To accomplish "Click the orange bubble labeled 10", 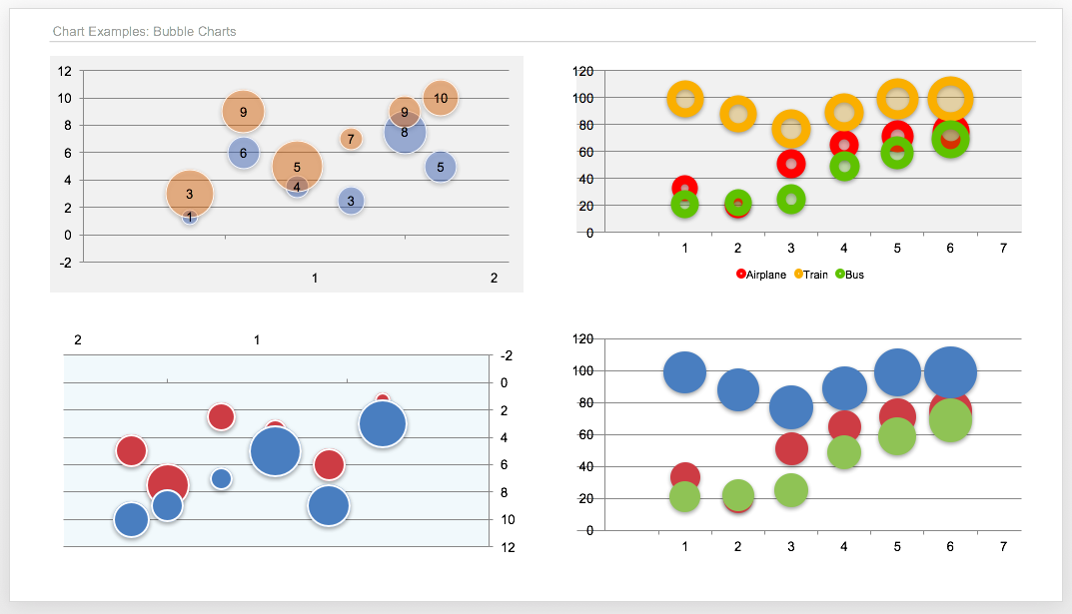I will [x=441, y=98].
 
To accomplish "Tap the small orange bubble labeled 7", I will [x=350, y=139].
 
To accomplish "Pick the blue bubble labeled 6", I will [x=243, y=153].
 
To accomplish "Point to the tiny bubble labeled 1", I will [x=189, y=218].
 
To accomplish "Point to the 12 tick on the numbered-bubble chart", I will [x=65, y=71].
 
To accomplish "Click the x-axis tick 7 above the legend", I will [x=1003, y=248].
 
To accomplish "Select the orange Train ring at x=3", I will [x=791, y=129].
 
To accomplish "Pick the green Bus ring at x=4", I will [x=844, y=167].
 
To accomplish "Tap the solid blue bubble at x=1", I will [x=684, y=371].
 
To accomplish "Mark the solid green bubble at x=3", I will [x=790, y=490].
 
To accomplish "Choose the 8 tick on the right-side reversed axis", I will [x=506, y=492].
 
